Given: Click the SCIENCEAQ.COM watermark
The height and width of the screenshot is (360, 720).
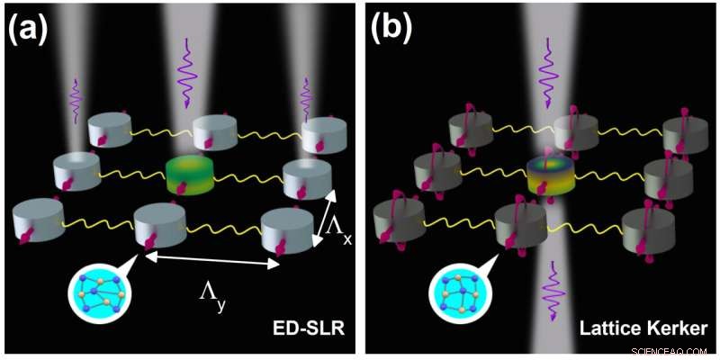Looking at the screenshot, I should click(673, 350).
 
